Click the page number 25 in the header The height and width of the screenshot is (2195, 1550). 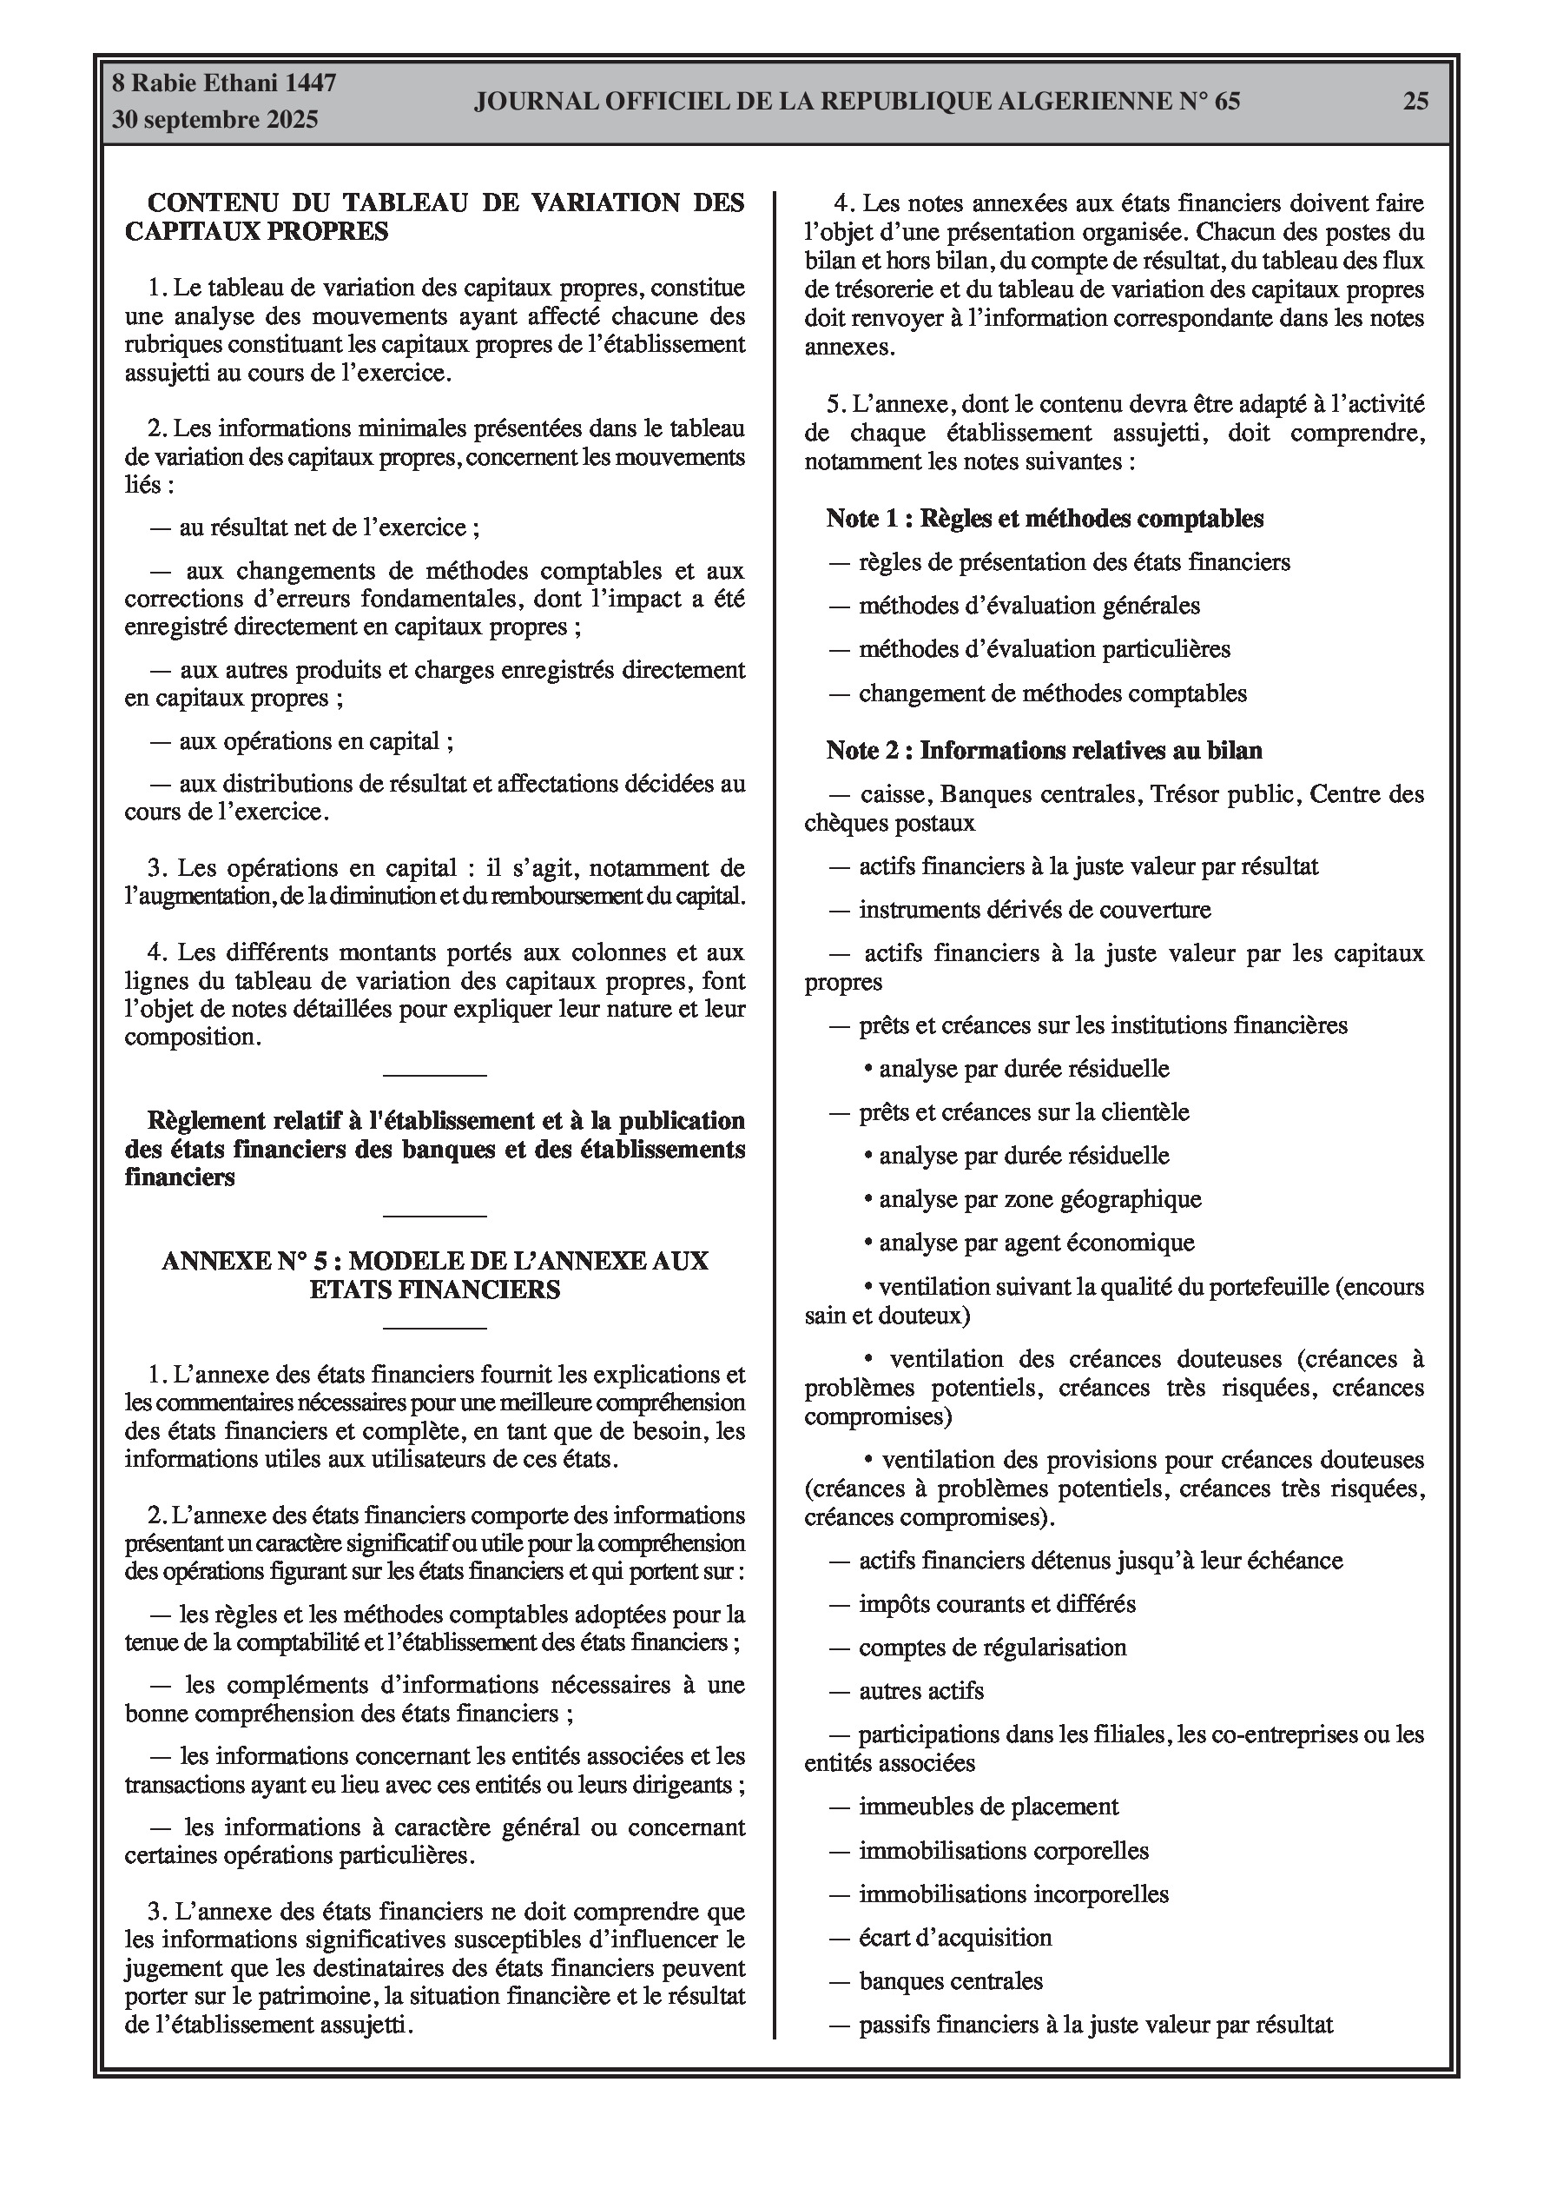1415,102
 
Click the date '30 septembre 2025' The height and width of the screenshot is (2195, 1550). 215,121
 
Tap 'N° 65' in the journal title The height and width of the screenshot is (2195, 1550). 1204,102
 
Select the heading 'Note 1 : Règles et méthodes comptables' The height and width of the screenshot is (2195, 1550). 1045,519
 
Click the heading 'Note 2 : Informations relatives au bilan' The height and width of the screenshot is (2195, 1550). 1044,751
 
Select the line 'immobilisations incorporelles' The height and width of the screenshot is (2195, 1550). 1013,1893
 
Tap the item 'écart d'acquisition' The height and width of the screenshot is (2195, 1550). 954,1938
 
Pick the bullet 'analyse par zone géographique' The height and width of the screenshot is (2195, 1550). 1039,1199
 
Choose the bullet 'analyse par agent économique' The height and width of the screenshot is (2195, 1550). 1037,1243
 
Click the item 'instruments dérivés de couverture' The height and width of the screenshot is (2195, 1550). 1034,909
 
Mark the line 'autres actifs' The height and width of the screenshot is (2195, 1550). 920,1690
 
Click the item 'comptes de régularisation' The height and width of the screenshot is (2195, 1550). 992,1648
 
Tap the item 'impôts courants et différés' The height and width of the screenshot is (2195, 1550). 997,1603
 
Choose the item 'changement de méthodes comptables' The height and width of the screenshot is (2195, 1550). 1052,693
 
